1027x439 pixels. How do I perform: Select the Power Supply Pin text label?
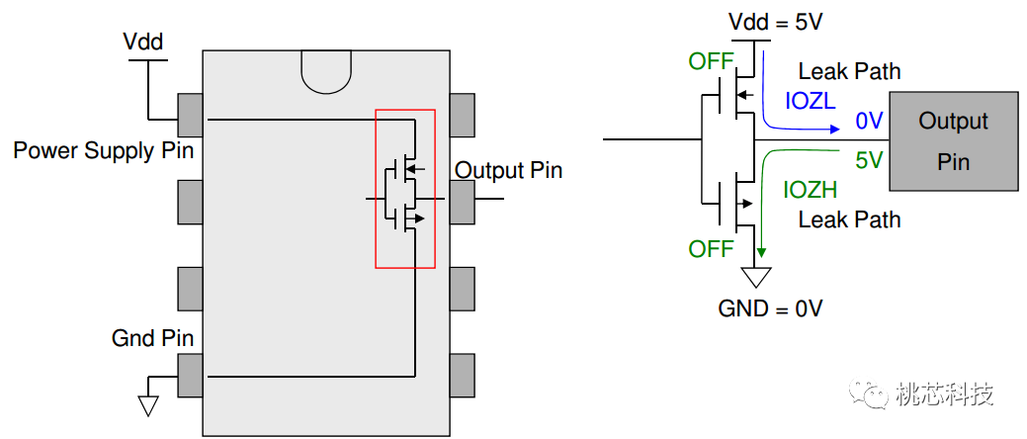tap(104, 151)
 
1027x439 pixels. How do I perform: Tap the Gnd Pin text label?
tap(152, 338)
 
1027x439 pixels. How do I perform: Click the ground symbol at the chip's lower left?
tap(149, 404)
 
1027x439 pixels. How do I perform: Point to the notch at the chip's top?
tap(326, 73)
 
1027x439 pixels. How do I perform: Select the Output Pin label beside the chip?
tap(508, 170)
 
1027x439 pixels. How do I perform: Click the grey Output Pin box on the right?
tap(953, 140)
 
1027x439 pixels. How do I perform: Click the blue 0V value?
tap(868, 121)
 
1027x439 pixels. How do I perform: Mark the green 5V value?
tap(868, 159)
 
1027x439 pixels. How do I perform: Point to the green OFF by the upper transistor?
tap(712, 62)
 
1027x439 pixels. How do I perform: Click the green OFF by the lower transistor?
tap(712, 247)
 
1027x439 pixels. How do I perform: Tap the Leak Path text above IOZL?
tap(849, 71)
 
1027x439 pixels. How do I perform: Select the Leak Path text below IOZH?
tap(849, 219)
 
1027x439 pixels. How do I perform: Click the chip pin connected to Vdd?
tap(190, 116)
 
